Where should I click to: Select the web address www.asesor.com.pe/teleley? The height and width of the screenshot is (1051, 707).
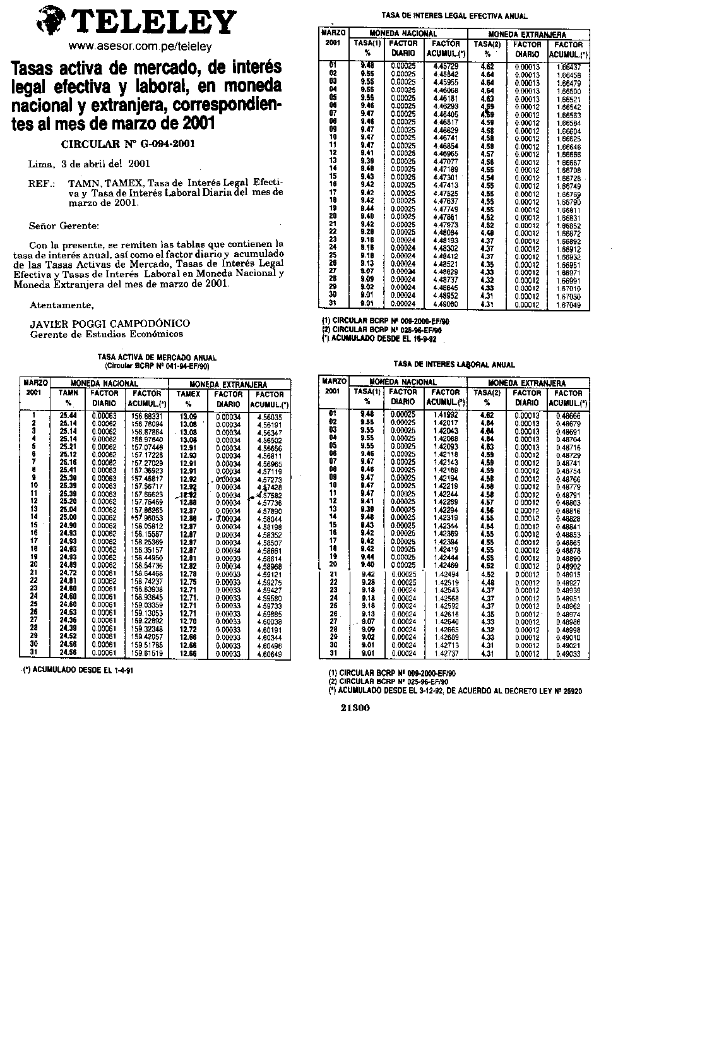(139, 47)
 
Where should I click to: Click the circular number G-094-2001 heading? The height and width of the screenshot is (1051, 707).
(128, 144)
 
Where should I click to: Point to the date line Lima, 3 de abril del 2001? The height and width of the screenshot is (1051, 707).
(89, 164)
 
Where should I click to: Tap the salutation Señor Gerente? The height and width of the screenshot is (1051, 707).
(64, 225)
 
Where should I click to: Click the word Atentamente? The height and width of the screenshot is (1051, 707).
(62, 305)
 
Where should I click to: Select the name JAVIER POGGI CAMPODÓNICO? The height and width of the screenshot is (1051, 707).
(110, 323)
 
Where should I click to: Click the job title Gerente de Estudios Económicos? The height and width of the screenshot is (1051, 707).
(107, 333)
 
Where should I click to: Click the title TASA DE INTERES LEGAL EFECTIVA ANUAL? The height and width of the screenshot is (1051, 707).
(454, 16)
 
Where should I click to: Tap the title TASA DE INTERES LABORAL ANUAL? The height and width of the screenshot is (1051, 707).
(454, 364)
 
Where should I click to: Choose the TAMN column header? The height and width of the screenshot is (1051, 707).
(68, 393)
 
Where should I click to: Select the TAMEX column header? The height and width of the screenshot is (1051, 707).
(188, 393)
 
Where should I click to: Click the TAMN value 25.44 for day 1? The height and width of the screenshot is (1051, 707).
(68, 416)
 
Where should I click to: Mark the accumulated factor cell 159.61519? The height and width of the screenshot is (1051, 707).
(147, 654)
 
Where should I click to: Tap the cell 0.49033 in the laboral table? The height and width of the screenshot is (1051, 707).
(569, 654)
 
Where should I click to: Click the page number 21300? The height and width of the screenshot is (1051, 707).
(355, 708)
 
